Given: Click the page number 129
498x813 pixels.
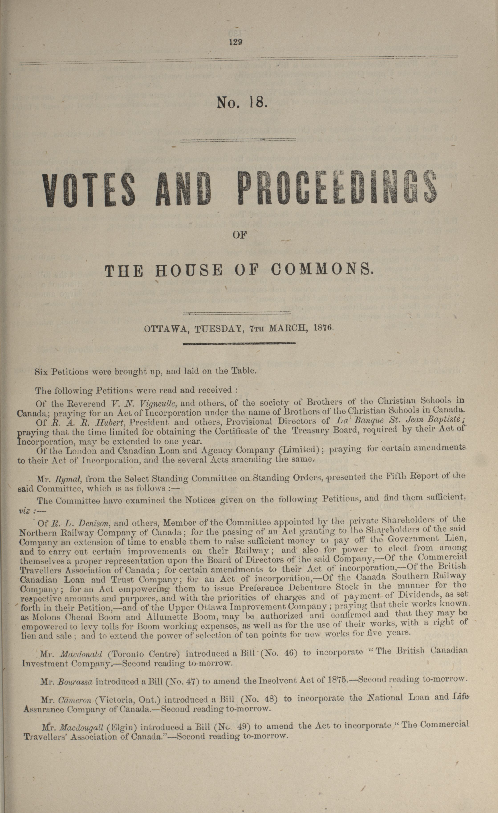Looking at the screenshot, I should pos(236,42).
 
